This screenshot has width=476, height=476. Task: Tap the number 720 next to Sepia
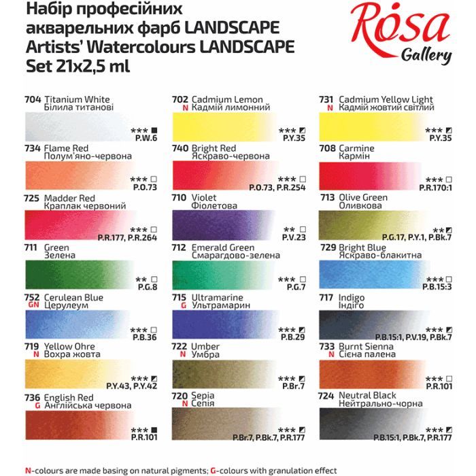coord(180,395)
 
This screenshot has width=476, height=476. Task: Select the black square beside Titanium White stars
coord(154,130)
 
